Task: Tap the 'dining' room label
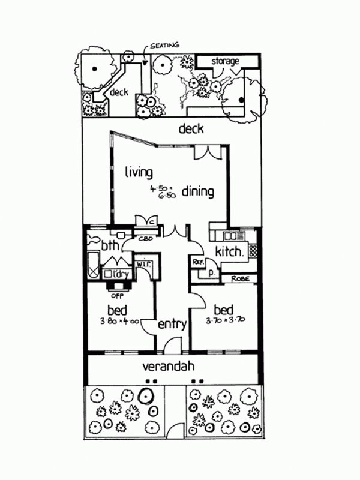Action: pos(197,192)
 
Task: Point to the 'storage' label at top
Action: pos(225,61)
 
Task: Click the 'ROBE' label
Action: pos(240,278)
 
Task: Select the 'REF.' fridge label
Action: pos(196,262)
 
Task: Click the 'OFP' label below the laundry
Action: pos(112,295)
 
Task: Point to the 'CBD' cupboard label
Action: pos(145,239)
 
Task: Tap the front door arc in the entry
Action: pos(173,344)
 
